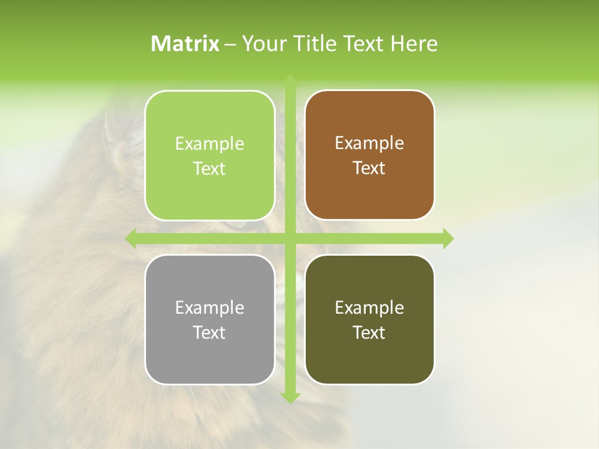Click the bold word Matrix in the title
tap(185, 44)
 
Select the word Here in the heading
tap(414, 44)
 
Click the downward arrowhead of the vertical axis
tap(290, 397)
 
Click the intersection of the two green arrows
tap(290, 238)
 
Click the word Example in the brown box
tap(369, 143)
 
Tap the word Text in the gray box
tap(210, 332)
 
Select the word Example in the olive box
tap(369, 307)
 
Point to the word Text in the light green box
tap(210, 168)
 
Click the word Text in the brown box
tap(369, 168)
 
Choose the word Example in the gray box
tap(210, 307)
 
